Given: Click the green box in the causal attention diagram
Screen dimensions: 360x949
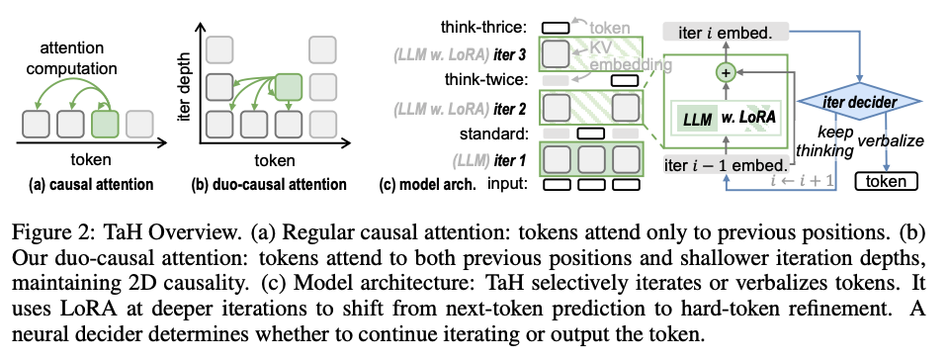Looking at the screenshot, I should pyautogui.click(x=106, y=125).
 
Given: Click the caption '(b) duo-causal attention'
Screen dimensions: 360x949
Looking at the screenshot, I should pyautogui.click(x=276, y=183).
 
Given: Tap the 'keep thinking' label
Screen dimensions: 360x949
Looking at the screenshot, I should pyautogui.click(x=825, y=140).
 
